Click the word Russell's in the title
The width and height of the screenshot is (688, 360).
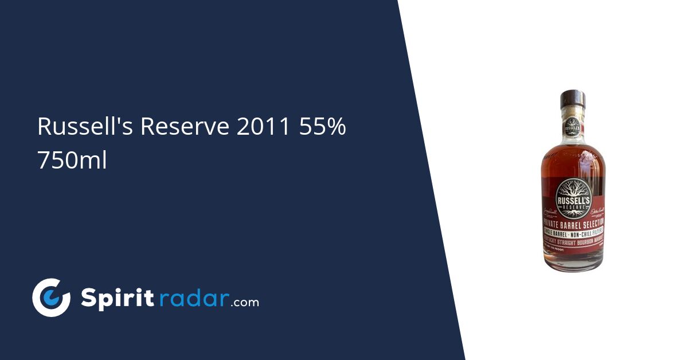pos(85,127)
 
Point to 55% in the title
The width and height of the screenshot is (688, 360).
pos(322,127)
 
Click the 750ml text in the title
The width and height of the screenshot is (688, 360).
pos(72,161)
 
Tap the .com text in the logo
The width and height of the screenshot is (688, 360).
pos(245,302)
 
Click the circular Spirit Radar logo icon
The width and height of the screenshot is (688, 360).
pos(51,298)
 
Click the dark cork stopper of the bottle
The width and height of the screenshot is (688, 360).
pos(572,99)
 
